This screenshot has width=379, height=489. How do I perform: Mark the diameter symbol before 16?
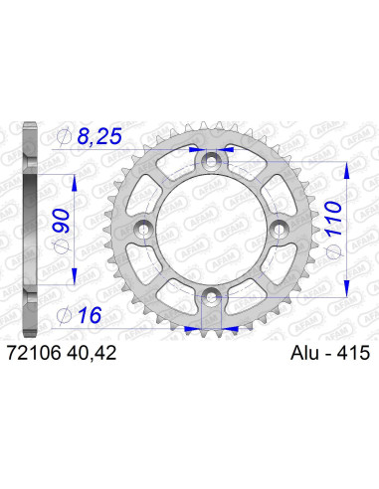click(65, 316)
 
